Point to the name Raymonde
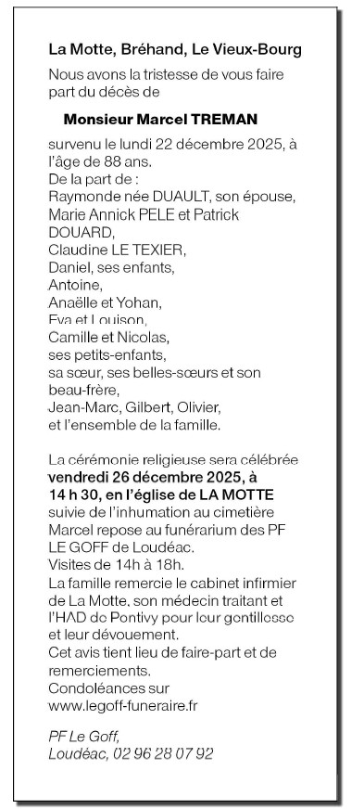[81, 197]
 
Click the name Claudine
[77, 249]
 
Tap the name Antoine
[72, 284]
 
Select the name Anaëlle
[71, 302]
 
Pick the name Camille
[73, 336]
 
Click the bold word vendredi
[81, 477]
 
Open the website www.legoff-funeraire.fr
[123, 705]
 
